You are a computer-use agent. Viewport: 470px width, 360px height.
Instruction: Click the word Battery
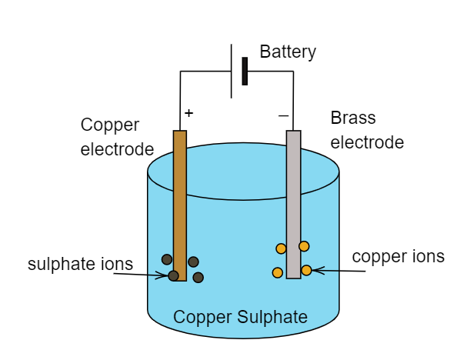[x=288, y=52]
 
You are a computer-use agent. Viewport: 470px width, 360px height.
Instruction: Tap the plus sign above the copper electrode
[x=188, y=112]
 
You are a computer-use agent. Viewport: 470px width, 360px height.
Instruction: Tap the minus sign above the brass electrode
[x=283, y=115]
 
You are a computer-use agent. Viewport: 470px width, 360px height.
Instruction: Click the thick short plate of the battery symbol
[x=245, y=71]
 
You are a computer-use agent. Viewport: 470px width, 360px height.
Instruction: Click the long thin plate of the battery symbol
[x=232, y=71]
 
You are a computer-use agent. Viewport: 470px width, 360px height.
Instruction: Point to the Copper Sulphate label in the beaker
[x=240, y=317]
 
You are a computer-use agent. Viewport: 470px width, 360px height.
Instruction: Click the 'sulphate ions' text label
[x=80, y=264]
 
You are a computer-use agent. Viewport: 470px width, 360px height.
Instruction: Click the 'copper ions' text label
[x=398, y=256]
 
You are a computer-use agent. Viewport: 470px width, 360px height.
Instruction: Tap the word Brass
[x=353, y=118]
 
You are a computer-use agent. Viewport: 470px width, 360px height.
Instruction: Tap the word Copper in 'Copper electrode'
[x=110, y=125]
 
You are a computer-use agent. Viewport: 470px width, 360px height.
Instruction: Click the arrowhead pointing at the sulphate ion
[x=165, y=275]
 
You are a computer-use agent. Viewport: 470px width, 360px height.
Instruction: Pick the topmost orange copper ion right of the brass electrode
[x=304, y=246]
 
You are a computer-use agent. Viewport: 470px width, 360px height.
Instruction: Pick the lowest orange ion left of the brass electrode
[x=278, y=272]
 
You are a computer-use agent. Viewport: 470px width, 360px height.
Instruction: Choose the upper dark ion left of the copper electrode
[x=167, y=259]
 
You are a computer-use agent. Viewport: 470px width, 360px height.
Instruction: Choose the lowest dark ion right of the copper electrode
[x=198, y=277]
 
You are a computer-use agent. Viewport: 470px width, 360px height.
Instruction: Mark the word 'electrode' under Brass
[x=367, y=142]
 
